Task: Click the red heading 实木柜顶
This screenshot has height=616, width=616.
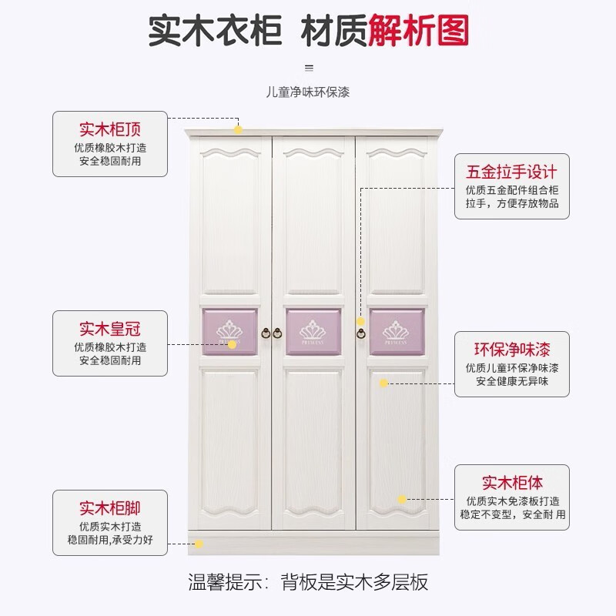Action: click(x=110, y=128)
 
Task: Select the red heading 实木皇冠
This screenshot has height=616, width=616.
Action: click(x=110, y=330)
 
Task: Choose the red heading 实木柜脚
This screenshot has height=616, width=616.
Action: click(x=110, y=508)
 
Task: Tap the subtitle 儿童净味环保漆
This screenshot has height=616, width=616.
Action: click(x=308, y=92)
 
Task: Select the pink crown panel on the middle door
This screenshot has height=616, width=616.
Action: click(x=313, y=331)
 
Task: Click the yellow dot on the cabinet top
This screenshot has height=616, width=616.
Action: click(x=238, y=129)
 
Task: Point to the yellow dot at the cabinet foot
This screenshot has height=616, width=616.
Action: click(x=199, y=543)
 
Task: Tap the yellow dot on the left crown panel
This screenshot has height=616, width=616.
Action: click(x=232, y=344)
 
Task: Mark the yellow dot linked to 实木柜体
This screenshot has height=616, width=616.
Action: click(x=402, y=499)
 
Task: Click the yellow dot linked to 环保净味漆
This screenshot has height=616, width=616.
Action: click(x=384, y=381)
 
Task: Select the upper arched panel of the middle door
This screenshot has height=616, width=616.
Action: click(x=313, y=223)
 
